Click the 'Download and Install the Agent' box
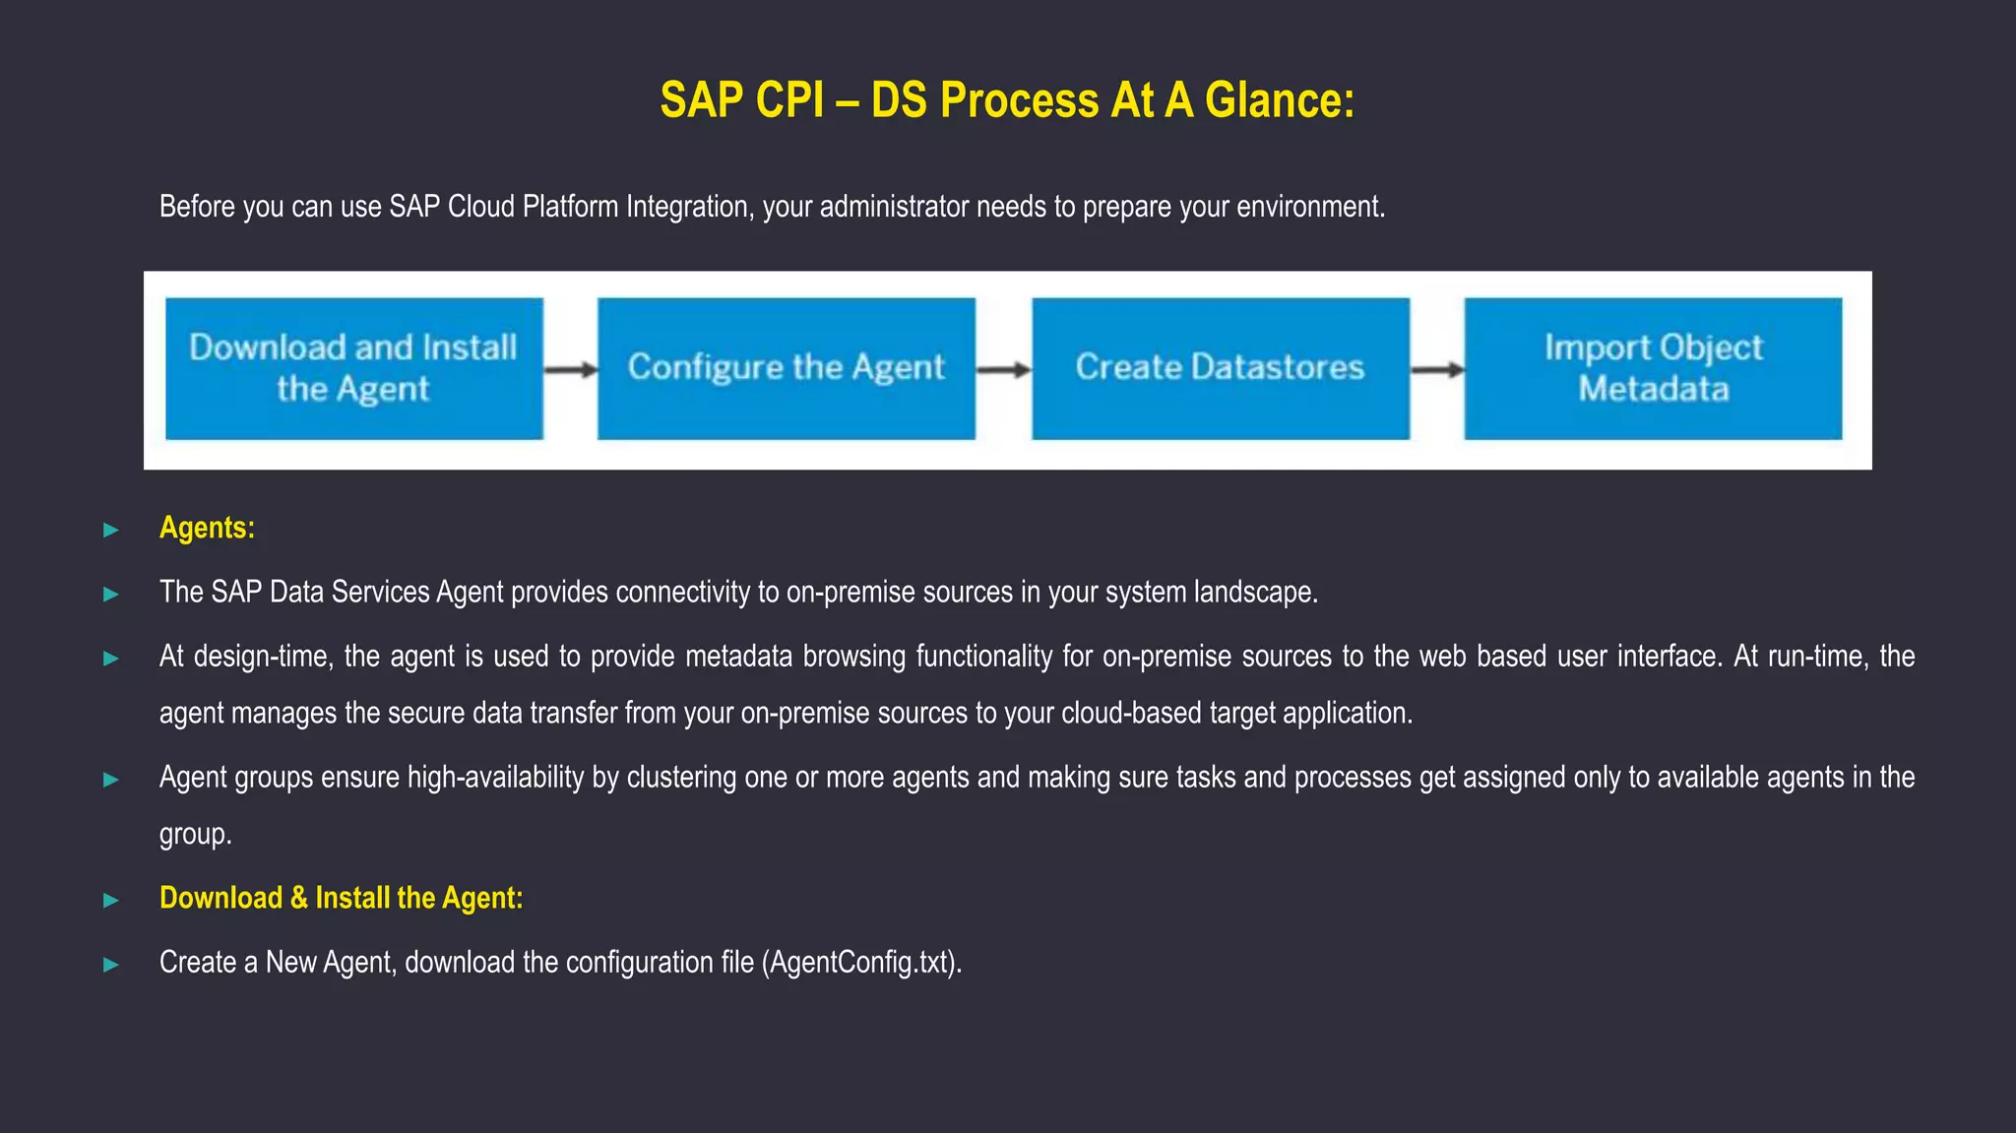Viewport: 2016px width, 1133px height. (x=353, y=368)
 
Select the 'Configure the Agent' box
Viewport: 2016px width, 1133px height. (x=786, y=368)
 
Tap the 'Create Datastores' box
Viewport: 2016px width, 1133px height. (x=1220, y=368)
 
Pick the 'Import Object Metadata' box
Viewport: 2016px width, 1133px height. (x=1653, y=368)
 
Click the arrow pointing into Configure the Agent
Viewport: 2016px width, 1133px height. (x=571, y=370)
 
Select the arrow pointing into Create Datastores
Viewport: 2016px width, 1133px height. (x=1003, y=370)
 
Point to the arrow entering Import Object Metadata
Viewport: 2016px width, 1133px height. (x=1437, y=370)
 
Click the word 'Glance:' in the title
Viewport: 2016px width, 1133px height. (x=1279, y=100)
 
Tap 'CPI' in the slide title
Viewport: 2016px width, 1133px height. (x=789, y=100)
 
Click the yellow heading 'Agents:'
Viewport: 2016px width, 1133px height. (x=207, y=528)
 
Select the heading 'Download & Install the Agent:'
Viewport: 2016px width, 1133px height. (x=341, y=898)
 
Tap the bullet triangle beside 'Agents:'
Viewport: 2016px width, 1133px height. (x=111, y=530)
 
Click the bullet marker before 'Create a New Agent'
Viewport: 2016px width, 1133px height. (x=111, y=964)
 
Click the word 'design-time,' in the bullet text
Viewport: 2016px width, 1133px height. (x=263, y=657)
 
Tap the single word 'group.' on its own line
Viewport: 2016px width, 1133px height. (x=195, y=835)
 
